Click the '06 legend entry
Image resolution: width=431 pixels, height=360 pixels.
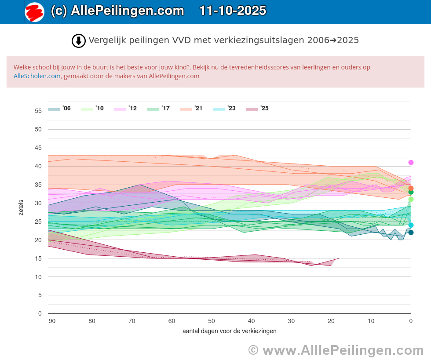[x=59, y=109]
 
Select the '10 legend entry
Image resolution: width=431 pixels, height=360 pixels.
[x=92, y=109]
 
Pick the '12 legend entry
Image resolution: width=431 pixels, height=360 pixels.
[x=125, y=109]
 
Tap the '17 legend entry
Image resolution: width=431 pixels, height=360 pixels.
[x=158, y=109]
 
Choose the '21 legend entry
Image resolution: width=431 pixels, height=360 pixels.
[x=191, y=109]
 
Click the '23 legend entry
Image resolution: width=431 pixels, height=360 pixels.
[x=224, y=109]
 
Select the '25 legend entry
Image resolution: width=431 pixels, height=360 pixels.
[x=257, y=109]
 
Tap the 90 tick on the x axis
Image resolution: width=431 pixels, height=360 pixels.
[x=52, y=321]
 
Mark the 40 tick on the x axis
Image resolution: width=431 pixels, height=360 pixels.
[x=252, y=321]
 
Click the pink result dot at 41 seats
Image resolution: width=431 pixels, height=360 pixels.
[x=411, y=163]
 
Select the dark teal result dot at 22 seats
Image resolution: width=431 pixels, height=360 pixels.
[x=411, y=233]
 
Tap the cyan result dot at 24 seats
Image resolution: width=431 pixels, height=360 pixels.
[x=411, y=225]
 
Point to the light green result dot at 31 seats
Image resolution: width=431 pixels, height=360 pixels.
[x=411, y=200]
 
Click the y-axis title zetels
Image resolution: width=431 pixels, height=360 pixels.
[x=21, y=207]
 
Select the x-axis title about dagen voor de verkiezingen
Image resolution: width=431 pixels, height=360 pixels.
[x=230, y=331]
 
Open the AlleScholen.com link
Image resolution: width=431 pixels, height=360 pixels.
[x=37, y=76]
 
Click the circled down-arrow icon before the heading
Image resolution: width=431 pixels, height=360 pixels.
[x=78, y=41]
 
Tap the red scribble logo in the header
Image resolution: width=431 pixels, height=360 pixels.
[x=34, y=12]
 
